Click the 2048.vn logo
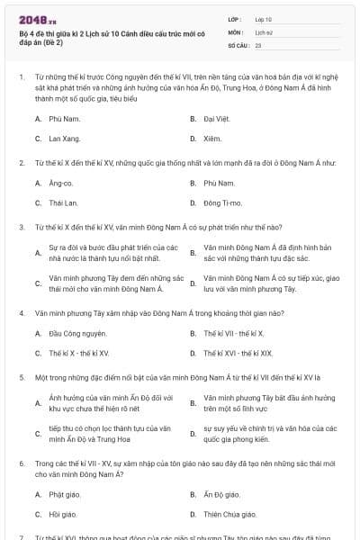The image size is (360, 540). tap(37, 18)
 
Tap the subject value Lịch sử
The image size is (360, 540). tap(264, 31)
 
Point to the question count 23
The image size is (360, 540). tap(258, 44)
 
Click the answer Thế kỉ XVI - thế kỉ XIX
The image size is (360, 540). tap(237, 354)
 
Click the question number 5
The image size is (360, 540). tap(22, 377)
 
